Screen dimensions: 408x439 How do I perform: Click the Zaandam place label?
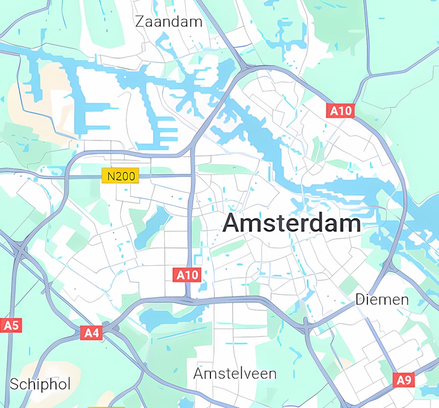pos(169,22)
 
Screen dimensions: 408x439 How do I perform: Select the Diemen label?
pos(382,300)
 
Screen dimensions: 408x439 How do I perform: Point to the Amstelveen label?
pos(235,374)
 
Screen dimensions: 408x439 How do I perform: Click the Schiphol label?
pos(40,384)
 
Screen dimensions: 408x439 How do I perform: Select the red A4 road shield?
pos(92,332)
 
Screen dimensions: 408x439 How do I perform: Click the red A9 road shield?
pos(404,380)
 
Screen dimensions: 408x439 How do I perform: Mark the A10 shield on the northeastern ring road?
pos(341,110)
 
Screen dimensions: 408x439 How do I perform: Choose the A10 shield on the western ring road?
pos(188,275)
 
